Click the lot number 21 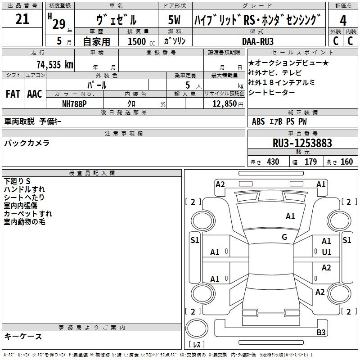tap(22, 19)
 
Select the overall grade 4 tap(343, 21)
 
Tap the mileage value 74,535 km tap(55, 64)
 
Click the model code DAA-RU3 tap(258, 41)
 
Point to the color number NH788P tap(74, 104)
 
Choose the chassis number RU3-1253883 tap(302, 143)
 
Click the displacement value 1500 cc tap(141, 41)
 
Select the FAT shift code tap(13, 94)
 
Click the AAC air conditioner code tap(35, 94)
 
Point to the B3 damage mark tap(321, 332)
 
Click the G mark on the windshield tap(284, 237)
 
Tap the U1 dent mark tap(327, 252)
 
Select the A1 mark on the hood tap(290, 216)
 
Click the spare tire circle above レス tap(197, 328)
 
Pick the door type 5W tap(174, 20)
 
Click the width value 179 tap(310, 162)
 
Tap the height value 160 tap(346, 162)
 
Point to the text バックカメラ tap(27, 143)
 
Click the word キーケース tap(23, 337)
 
